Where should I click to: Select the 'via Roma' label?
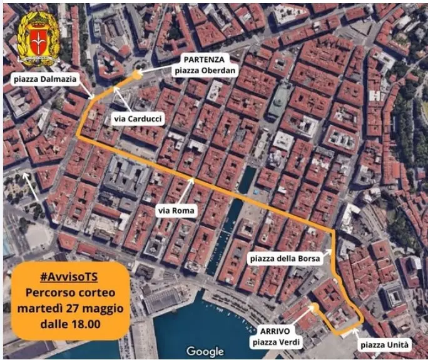pos(176,211)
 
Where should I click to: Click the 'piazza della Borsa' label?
pos(285,257)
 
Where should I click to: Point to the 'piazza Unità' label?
pos(384,344)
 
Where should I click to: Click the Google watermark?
pos(205,351)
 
